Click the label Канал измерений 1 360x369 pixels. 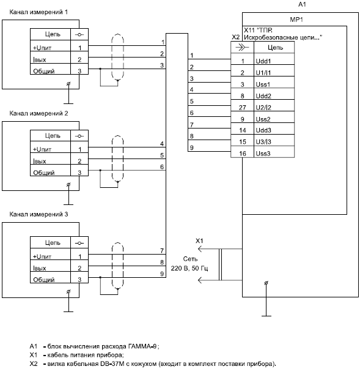[39, 12]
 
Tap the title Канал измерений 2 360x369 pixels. [39, 113]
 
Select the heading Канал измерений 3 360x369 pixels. [39, 214]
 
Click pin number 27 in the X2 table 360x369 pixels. [242, 108]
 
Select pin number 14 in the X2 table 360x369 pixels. [243, 130]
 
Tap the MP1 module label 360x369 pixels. [296, 20]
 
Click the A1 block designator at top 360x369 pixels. [302, 4]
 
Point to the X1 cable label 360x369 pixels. [199, 240]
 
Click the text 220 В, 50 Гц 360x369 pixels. [189, 268]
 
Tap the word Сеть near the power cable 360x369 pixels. [190, 259]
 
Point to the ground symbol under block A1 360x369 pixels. [266, 300]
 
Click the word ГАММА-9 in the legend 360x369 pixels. [142, 346]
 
